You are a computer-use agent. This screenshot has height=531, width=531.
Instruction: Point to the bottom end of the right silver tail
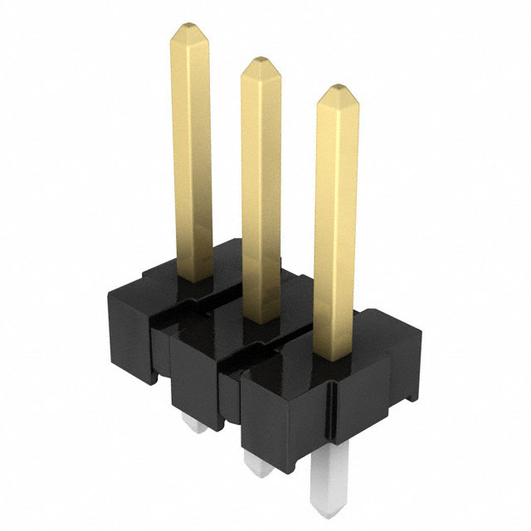(330, 506)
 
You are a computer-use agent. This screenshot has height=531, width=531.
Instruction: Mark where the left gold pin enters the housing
(197, 278)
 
